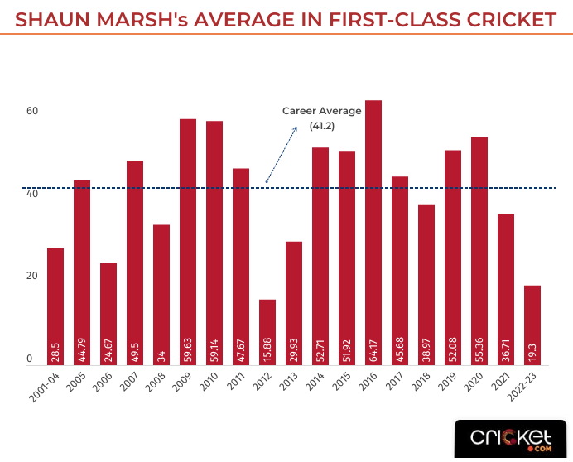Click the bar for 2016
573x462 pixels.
coord(373,232)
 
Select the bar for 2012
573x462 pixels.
coord(267,331)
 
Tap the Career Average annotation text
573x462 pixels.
coord(322,111)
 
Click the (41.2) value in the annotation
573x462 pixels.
coord(322,125)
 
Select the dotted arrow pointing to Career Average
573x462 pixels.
coord(282,154)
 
